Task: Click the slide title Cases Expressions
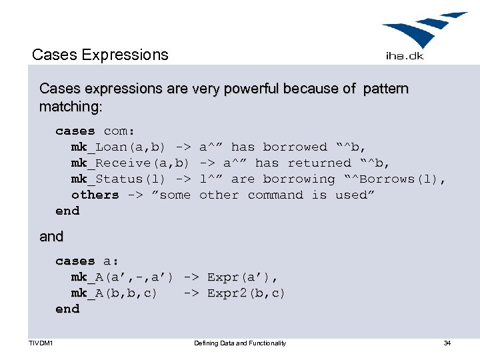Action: (100, 55)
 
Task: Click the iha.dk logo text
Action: (405, 56)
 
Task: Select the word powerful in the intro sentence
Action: (240, 89)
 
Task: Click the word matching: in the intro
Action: (71, 107)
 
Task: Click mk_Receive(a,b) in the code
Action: (131, 163)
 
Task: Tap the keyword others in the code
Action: (95, 195)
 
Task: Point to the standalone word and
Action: (51, 237)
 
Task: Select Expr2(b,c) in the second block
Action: (246, 293)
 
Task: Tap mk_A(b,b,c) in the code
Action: (115, 293)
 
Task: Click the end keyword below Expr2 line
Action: (67, 309)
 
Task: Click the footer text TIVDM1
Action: (41, 343)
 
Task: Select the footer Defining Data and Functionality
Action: (240, 343)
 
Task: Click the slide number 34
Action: (447, 343)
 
